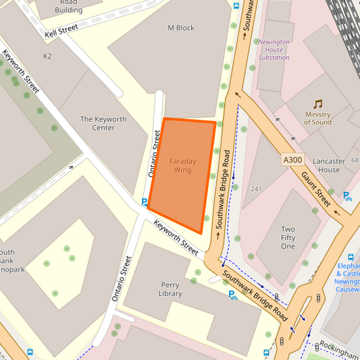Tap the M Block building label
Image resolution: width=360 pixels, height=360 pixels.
180,28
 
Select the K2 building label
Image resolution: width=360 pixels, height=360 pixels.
47,56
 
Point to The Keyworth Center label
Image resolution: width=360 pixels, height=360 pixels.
103,124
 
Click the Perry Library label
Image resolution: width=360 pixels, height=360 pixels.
170,289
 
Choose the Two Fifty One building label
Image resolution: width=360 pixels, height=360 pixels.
288,238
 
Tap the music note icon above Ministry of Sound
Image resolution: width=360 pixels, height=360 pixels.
317,104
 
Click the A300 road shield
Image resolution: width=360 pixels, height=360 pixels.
293,159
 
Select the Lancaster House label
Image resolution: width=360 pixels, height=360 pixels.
329,165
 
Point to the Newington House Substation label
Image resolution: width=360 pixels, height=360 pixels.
274,49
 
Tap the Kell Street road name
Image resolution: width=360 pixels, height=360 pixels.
61,31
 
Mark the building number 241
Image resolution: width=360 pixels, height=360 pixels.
256,188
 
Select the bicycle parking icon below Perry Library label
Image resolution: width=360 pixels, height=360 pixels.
232,294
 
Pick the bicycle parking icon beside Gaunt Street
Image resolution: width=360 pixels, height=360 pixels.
347,197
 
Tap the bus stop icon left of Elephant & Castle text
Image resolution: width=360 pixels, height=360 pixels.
351,257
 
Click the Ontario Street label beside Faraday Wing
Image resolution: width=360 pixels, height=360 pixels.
155,153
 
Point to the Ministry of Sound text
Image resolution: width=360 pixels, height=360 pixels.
317,118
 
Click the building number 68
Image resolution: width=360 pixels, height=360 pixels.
355,161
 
